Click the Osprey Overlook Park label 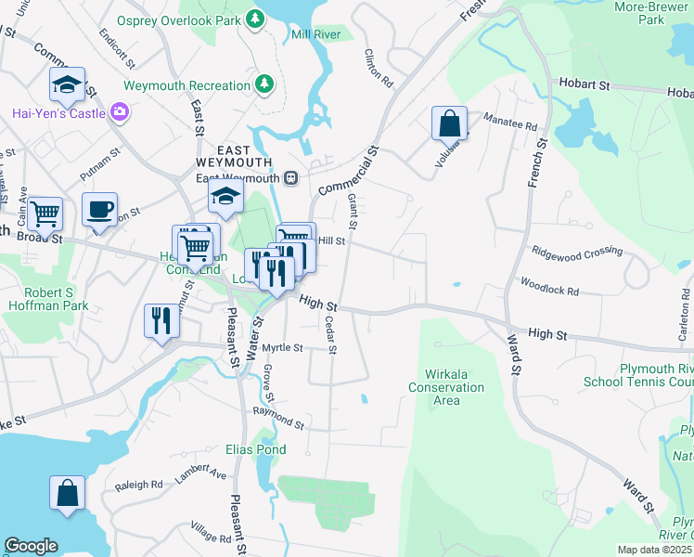[176, 20]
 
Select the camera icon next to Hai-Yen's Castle [119, 113]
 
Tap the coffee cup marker [99, 210]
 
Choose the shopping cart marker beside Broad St [45, 214]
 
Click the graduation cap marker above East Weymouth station [225, 196]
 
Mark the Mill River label [315, 34]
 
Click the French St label [535, 158]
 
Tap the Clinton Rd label [379, 69]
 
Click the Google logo [31, 545]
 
